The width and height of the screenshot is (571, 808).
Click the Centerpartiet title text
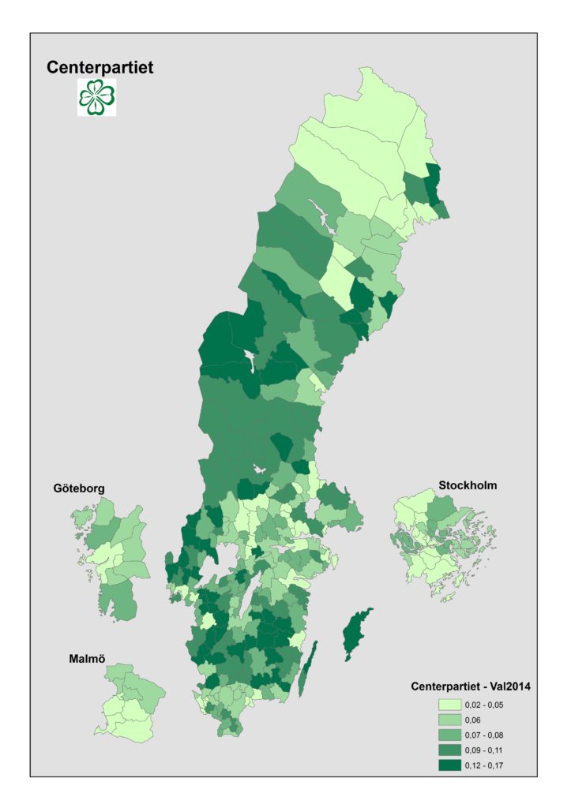(x=100, y=68)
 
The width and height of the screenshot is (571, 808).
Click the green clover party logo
(x=96, y=97)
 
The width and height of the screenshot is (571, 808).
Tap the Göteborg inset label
(x=79, y=488)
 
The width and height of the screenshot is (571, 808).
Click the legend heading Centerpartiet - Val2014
(x=470, y=686)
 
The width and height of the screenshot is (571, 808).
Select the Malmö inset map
(x=126, y=702)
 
